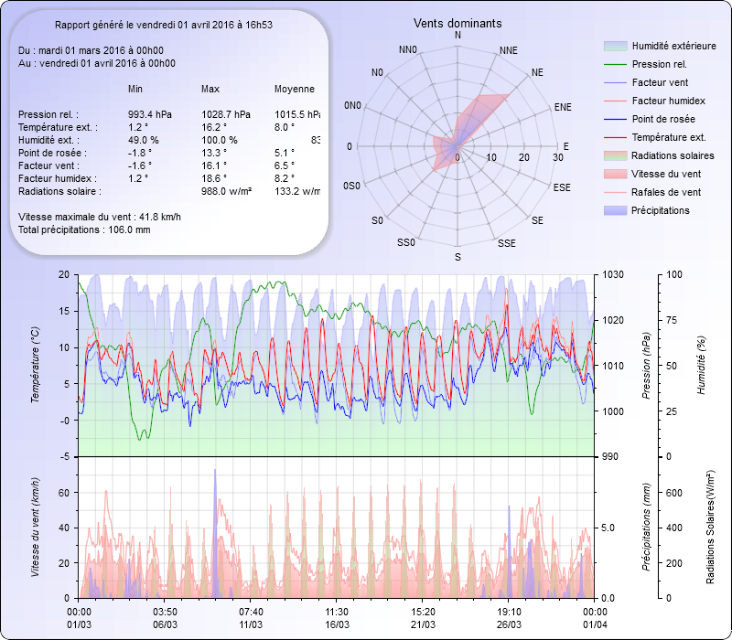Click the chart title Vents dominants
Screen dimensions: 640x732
pos(457,23)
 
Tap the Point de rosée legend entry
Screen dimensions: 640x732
pos(662,119)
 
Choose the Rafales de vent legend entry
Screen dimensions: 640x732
pos(666,192)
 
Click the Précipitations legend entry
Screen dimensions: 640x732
pos(661,210)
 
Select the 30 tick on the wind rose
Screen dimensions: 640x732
pos(557,157)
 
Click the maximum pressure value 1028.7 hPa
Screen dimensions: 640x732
pos(225,114)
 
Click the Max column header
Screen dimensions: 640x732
pos(210,89)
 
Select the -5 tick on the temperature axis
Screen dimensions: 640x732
pos(64,457)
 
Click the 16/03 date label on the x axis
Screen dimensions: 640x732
pos(337,624)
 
